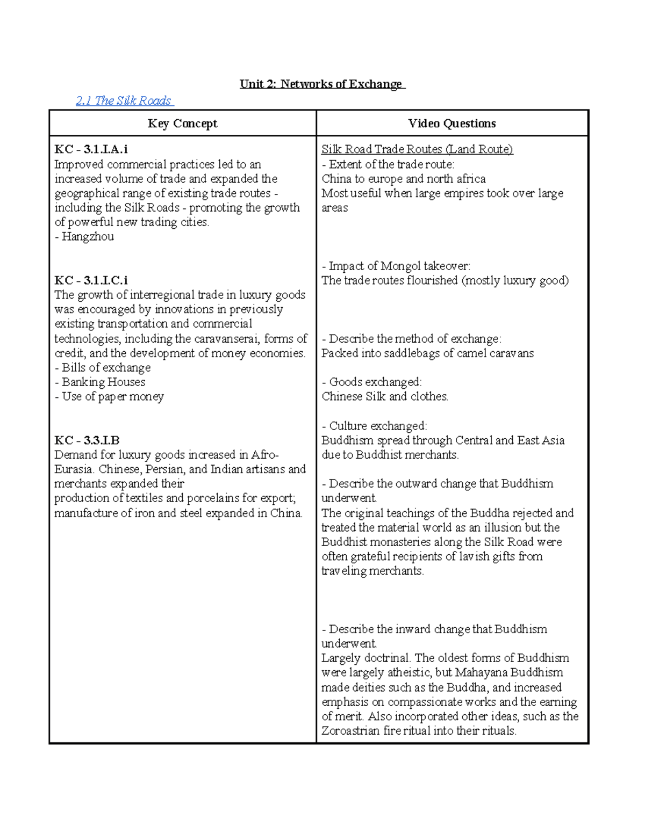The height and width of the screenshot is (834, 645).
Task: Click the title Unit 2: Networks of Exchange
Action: [321, 84]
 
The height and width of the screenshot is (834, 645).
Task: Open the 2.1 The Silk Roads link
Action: [124, 101]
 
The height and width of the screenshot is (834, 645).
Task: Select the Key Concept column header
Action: [182, 124]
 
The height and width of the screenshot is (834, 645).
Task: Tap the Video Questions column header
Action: [451, 124]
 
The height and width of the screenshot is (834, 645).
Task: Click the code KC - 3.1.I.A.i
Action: [91, 150]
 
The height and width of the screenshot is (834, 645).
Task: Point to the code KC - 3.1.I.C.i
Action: [91, 280]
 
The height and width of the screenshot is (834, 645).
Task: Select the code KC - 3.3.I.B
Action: [87, 440]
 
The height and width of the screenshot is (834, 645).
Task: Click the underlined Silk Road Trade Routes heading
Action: [417, 150]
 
